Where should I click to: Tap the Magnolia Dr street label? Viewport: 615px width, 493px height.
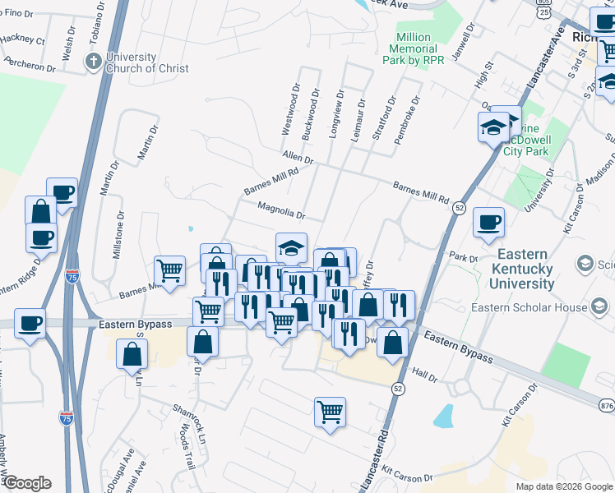[281, 211]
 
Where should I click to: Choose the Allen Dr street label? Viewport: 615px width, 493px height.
[298, 156]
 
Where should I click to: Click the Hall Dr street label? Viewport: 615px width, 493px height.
[424, 375]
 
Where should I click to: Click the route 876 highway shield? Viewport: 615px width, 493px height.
[607, 406]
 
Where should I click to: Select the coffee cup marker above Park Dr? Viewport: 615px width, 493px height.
[488, 221]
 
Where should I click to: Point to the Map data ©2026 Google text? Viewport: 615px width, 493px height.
[563, 486]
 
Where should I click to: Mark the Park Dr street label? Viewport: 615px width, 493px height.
[464, 257]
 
